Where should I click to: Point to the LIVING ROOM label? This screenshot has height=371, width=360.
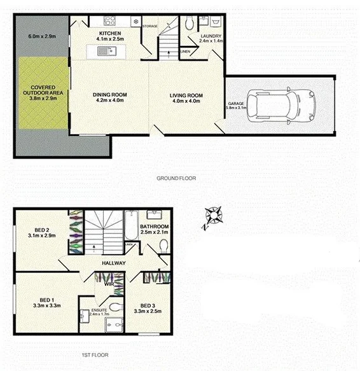click(x=186, y=96)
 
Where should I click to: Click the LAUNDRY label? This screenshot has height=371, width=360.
click(x=211, y=37)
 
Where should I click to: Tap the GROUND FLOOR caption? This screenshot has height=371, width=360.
click(x=176, y=179)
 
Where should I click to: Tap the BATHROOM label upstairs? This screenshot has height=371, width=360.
click(x=155, y=227)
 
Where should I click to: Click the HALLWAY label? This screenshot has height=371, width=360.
click(x=112, y=263)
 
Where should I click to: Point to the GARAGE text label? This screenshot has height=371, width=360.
click(x=236, y=103)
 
